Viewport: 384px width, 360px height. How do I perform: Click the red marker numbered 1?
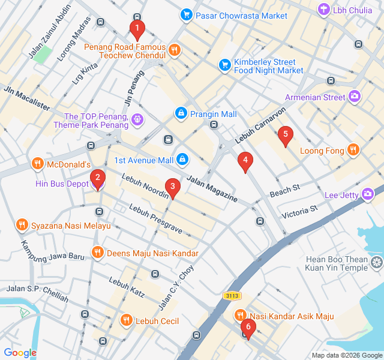click(137, 28)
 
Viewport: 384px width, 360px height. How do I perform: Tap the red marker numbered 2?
click(97, 178)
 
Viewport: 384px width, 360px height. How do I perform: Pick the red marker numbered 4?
click(244, 161)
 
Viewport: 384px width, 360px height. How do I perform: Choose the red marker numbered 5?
click(286, 136)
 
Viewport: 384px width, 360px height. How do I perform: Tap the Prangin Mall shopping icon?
click(181, 113)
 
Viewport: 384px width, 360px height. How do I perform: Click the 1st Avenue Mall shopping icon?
click(182, 160)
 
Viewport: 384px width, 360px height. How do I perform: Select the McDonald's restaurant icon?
click(37, 164)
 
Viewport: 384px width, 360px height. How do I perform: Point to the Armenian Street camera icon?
click(355, 96)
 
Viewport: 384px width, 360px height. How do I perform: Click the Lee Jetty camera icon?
click(367, 194)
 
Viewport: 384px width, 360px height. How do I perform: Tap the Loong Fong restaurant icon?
click(353, 151)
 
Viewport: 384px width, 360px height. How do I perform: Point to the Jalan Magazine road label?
click(211, 188)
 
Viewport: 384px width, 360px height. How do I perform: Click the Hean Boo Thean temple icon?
click(376, 262)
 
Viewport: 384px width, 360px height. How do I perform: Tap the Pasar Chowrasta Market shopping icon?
click(187, 14)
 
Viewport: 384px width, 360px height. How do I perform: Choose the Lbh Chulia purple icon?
click(325, 10)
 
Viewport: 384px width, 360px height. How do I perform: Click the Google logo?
click(20, 353)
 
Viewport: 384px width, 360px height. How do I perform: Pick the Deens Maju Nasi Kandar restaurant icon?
click(97, 253)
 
